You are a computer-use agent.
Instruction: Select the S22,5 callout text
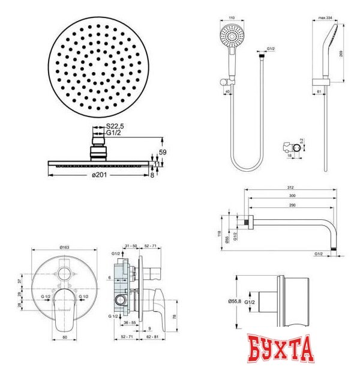115,126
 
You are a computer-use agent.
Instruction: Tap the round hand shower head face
232,37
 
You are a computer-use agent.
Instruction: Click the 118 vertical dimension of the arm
220,232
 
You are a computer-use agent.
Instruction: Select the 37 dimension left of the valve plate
18,281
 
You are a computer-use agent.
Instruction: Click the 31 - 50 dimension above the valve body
130,246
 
